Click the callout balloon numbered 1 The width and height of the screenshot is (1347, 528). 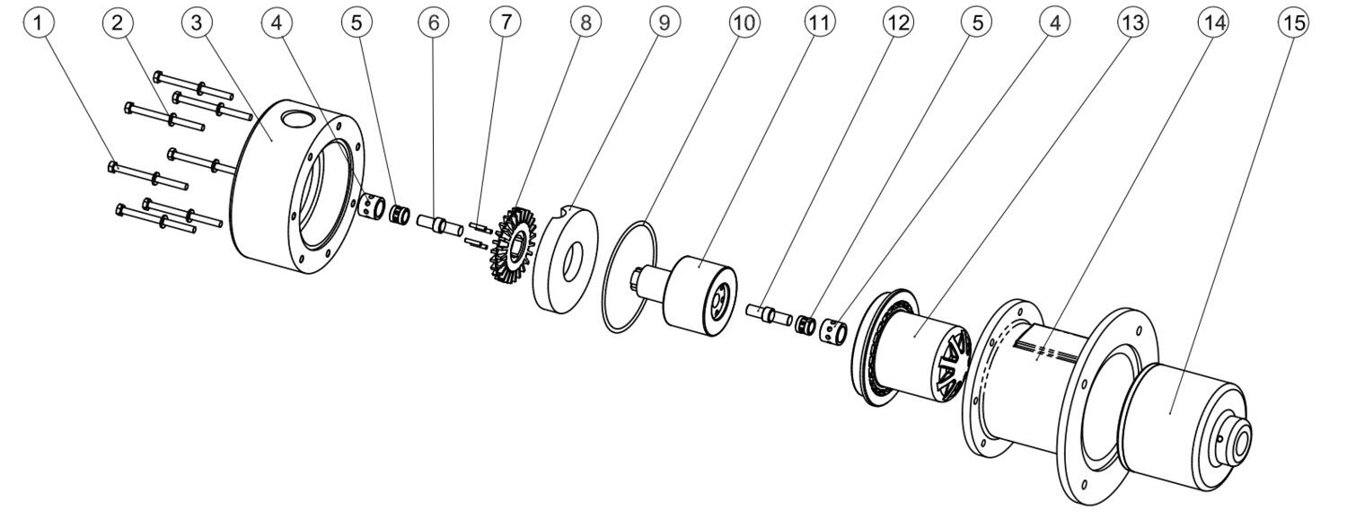(38, 23)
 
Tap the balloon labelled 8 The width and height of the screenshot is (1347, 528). (585, 23)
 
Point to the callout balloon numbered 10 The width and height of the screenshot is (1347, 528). (743, 23)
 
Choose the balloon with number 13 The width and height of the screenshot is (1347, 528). (1133, 23)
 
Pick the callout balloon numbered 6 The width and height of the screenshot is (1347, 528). (434, 23)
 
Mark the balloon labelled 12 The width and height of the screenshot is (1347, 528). (898, 23)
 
